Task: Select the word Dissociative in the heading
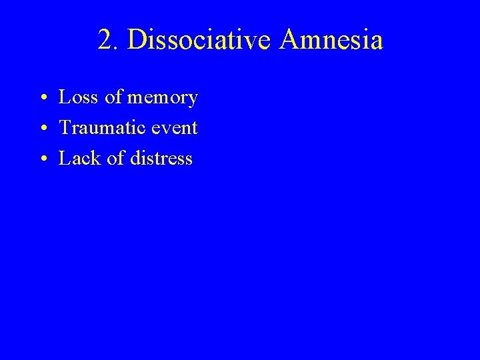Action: pos(200,41)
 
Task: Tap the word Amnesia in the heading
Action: pos(332,41)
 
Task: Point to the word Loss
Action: pos(75,98)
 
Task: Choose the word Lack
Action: pos(77,159)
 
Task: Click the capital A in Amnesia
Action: pos(291,41)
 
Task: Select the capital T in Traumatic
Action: pos(65,128)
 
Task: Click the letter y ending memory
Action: pos(193,101)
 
